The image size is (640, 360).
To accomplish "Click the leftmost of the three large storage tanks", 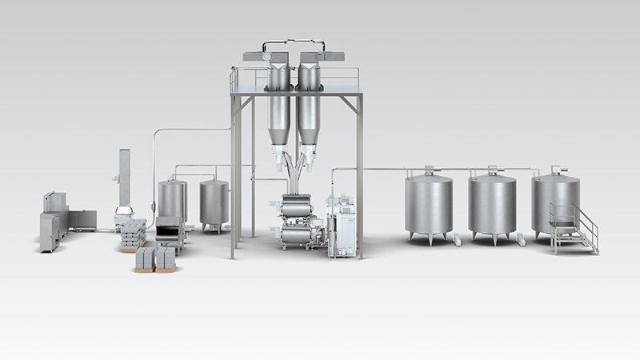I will (428, 203).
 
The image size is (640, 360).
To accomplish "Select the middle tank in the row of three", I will (491, 203).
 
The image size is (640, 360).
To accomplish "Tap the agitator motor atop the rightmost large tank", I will (556, 170).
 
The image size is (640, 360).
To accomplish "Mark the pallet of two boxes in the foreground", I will (154, 259).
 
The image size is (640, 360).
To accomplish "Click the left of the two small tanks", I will (171, 199).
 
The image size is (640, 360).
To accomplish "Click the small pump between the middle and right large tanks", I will (521, 238).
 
